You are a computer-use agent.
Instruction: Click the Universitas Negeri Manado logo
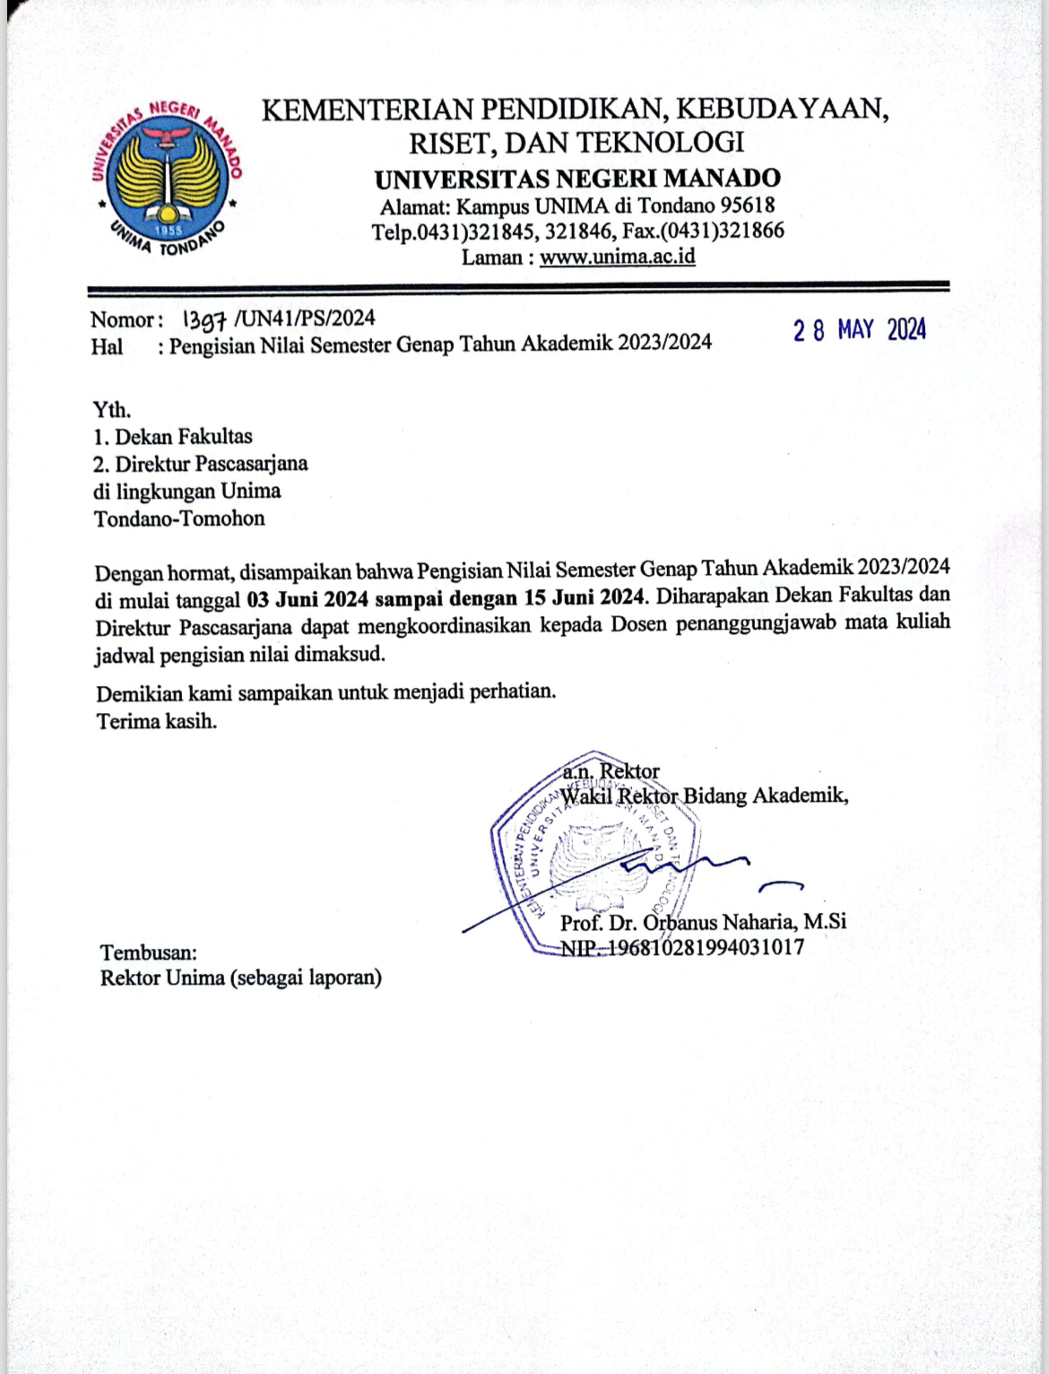click(165, 177)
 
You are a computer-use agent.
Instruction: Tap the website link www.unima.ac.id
click(617, 257)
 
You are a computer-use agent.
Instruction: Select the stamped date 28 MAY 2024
click(859, 330)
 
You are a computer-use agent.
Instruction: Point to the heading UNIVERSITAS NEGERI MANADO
click(577, 178)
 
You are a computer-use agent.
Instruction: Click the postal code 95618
click(748, 205)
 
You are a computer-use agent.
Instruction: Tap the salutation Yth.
click(112, 410)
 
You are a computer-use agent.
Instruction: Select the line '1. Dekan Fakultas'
click(173, 437)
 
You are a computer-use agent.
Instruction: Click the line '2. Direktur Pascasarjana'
click(201, 464)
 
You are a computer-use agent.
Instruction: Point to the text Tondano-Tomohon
click(179, 518)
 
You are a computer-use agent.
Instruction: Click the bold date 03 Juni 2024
click(308, 598)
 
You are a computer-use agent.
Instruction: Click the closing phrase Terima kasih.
click(157, 721)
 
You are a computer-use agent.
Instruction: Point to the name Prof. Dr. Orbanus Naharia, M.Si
click(703, 922)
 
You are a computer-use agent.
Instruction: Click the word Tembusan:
click(149, 952)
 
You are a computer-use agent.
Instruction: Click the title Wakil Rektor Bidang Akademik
click(704, 796)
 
